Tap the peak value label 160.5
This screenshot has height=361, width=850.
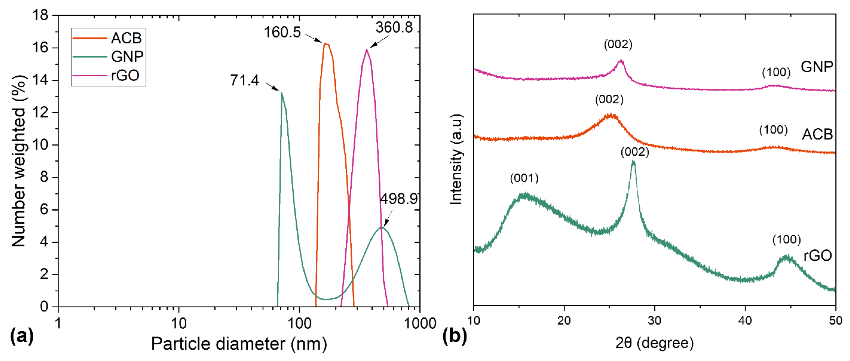[282, 32]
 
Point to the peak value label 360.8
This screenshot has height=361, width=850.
[394, 27]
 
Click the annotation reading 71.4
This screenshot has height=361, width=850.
[245, 80]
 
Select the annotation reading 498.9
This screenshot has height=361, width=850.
[399, 199]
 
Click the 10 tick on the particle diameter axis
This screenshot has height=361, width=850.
[178, 323]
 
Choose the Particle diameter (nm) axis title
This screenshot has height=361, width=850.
[239, 344]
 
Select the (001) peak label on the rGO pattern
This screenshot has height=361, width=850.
[524, 178]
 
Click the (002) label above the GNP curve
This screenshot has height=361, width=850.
[618, 44]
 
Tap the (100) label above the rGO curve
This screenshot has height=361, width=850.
[786, 240]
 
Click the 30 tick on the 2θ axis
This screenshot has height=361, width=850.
[654, 321]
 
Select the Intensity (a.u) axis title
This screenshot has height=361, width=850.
[456, 159]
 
